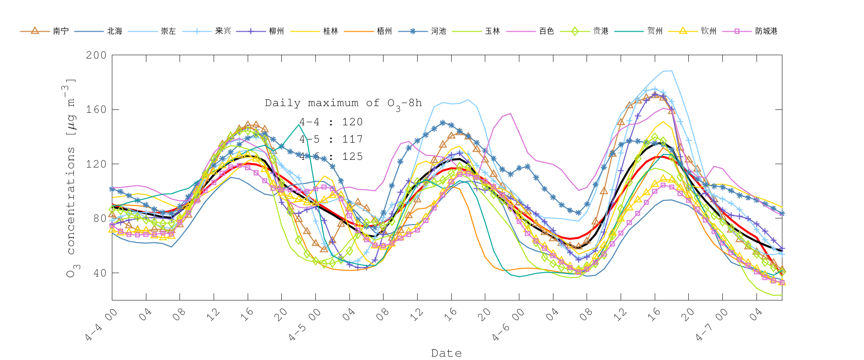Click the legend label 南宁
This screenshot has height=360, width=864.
click(61, 31)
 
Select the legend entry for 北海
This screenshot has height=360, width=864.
click(115, 31)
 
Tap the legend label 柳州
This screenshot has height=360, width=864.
click(276, 31)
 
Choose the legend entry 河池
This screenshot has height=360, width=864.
click(438, 31)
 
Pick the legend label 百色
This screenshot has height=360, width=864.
click(546, 31)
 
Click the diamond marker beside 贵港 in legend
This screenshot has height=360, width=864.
click(575, 31)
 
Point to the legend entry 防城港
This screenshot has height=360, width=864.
click(766, 31)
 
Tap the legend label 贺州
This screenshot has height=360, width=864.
click(655, 31)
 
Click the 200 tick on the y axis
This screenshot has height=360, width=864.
click(96, 55)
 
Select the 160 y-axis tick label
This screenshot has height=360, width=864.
click(96, 109)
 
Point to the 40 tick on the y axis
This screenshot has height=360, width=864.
click(99, 273)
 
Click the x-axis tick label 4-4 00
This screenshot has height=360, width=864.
click(102, 325)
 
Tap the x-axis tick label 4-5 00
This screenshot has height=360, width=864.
click(305, 325)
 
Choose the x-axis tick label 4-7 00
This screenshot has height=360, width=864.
click(712, 325)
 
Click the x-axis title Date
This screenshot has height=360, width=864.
click(446, 353)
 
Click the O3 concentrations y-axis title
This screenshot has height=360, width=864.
click(71, 178)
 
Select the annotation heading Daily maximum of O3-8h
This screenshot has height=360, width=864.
click(343, 103)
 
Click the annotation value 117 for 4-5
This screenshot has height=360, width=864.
click(352, 139)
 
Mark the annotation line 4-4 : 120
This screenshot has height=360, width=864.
click(331, 122)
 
